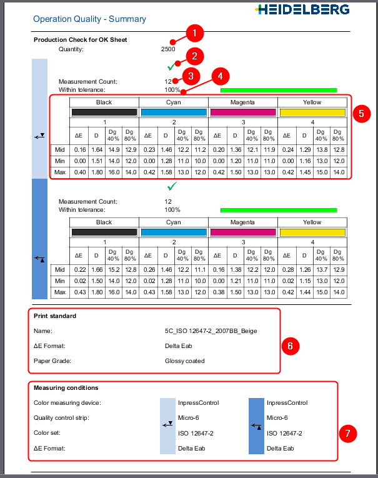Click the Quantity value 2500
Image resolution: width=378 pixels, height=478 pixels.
pyautogui.click(x=168, y=49)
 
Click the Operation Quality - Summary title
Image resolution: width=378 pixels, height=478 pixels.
pyautogui.click(x=89, y=19)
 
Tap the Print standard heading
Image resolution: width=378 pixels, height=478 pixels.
pyautogui.click(x=55, y=316)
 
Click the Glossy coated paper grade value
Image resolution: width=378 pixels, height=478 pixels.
pyautogui.click(x=185, y=361)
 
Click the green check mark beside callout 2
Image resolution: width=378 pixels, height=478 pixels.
pyautogui.click(x=171, y=66)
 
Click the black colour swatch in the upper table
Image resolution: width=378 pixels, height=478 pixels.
pyautogui.click(x=104, y=112)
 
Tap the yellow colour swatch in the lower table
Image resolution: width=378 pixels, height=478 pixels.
pyautogui.click(x=312, y=232)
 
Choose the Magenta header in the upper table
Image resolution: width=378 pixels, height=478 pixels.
pyautogui.click(x=242, y=102)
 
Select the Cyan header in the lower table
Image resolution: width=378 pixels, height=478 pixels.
pyautogui.click(x=173, y=222)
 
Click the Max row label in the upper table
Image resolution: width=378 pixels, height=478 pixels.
pyautogui.click(x=59, y=172)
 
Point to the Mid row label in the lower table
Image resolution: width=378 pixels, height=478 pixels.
pyautogui.click(x=59, y=269)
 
